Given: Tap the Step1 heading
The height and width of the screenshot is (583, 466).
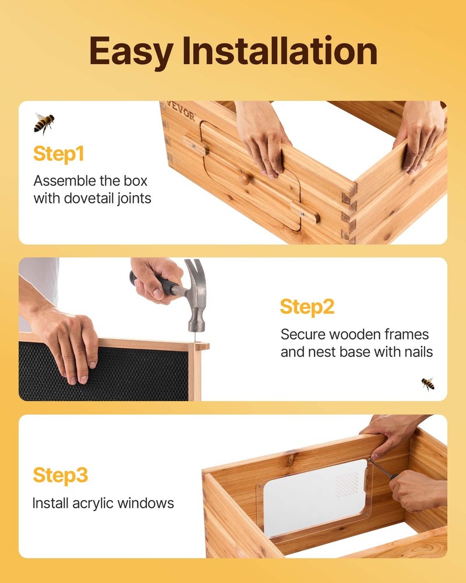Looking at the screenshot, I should [x=59, y=154].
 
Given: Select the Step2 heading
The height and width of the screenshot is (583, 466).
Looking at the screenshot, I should [x=307, y=307].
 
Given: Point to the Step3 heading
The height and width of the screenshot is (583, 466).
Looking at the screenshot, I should [x=61, y=475].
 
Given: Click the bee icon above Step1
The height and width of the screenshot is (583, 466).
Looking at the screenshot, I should [x=44, y=122].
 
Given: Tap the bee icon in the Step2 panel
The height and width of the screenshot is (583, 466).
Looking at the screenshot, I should [x=428, y=383].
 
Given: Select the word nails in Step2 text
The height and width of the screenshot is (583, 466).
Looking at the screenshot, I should [x=416, y=352].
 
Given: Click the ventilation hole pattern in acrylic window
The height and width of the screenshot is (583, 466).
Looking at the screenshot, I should [x=348, y=482].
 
